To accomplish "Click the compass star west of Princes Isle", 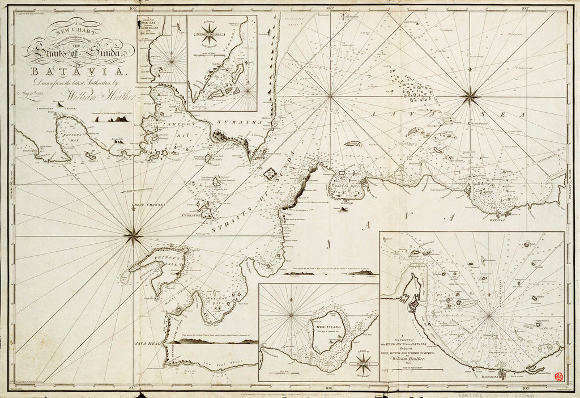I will click(133, 234).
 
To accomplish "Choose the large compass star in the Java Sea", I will click(470, 96).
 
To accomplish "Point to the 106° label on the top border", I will click(330, 8).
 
